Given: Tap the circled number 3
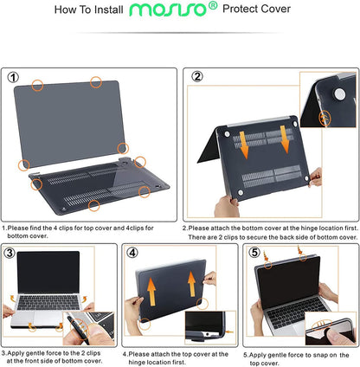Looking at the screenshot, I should [x=10, y=253].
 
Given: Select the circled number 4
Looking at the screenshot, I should [x=132, y=253].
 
